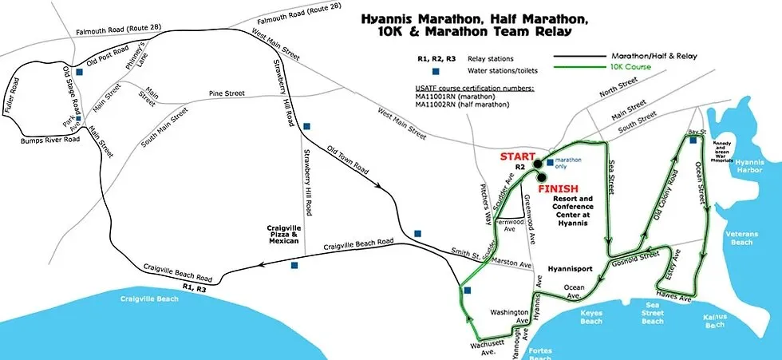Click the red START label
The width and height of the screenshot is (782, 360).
(518, 156)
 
